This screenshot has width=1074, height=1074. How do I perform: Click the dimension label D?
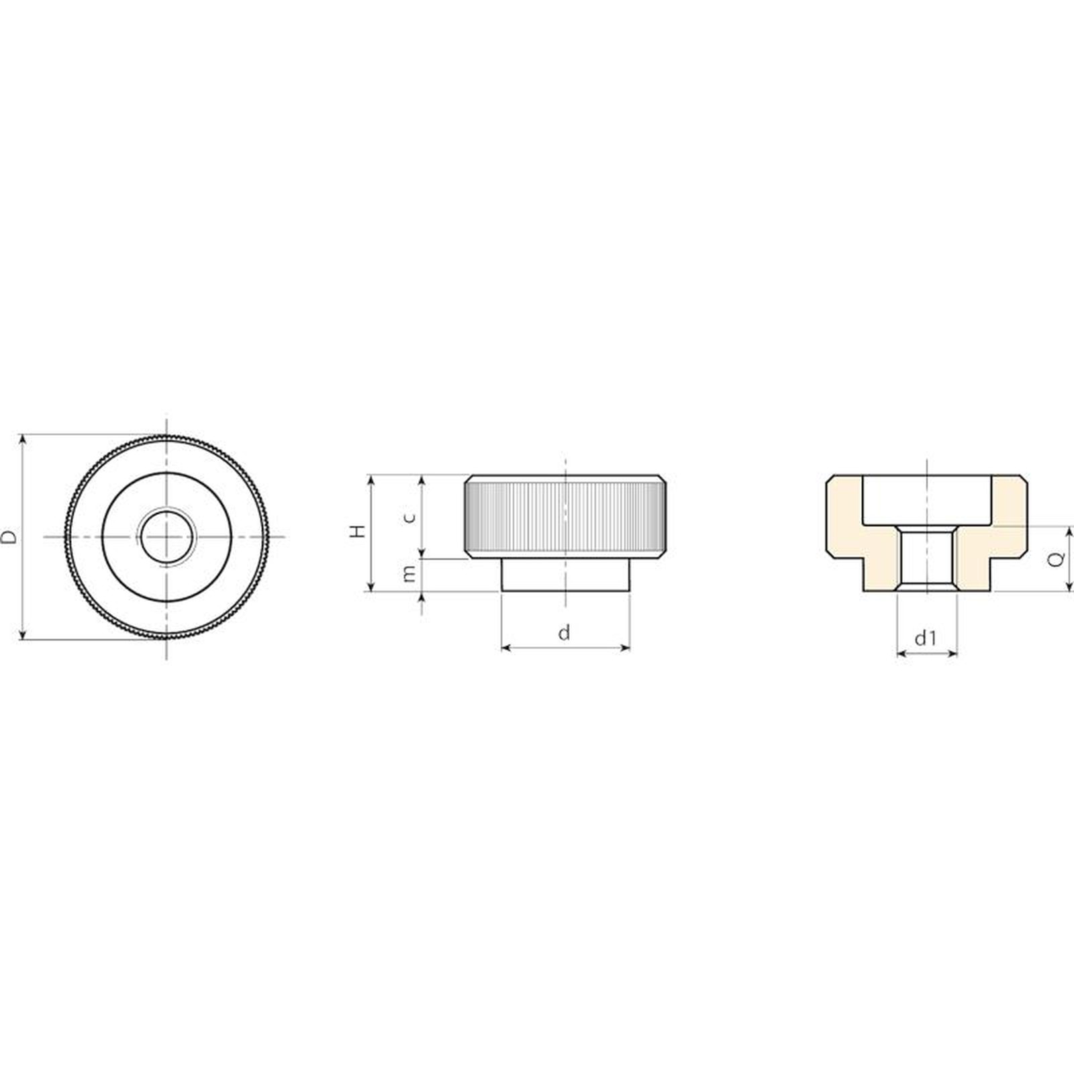click(9, 537)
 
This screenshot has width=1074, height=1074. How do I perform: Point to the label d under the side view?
click(565, 632)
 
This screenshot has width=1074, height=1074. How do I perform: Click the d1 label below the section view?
click(926, 638)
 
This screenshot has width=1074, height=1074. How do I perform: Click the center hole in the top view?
click(166, 537)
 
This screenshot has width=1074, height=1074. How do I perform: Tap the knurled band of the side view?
click(566, 516)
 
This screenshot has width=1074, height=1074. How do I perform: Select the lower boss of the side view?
click(566, 575)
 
